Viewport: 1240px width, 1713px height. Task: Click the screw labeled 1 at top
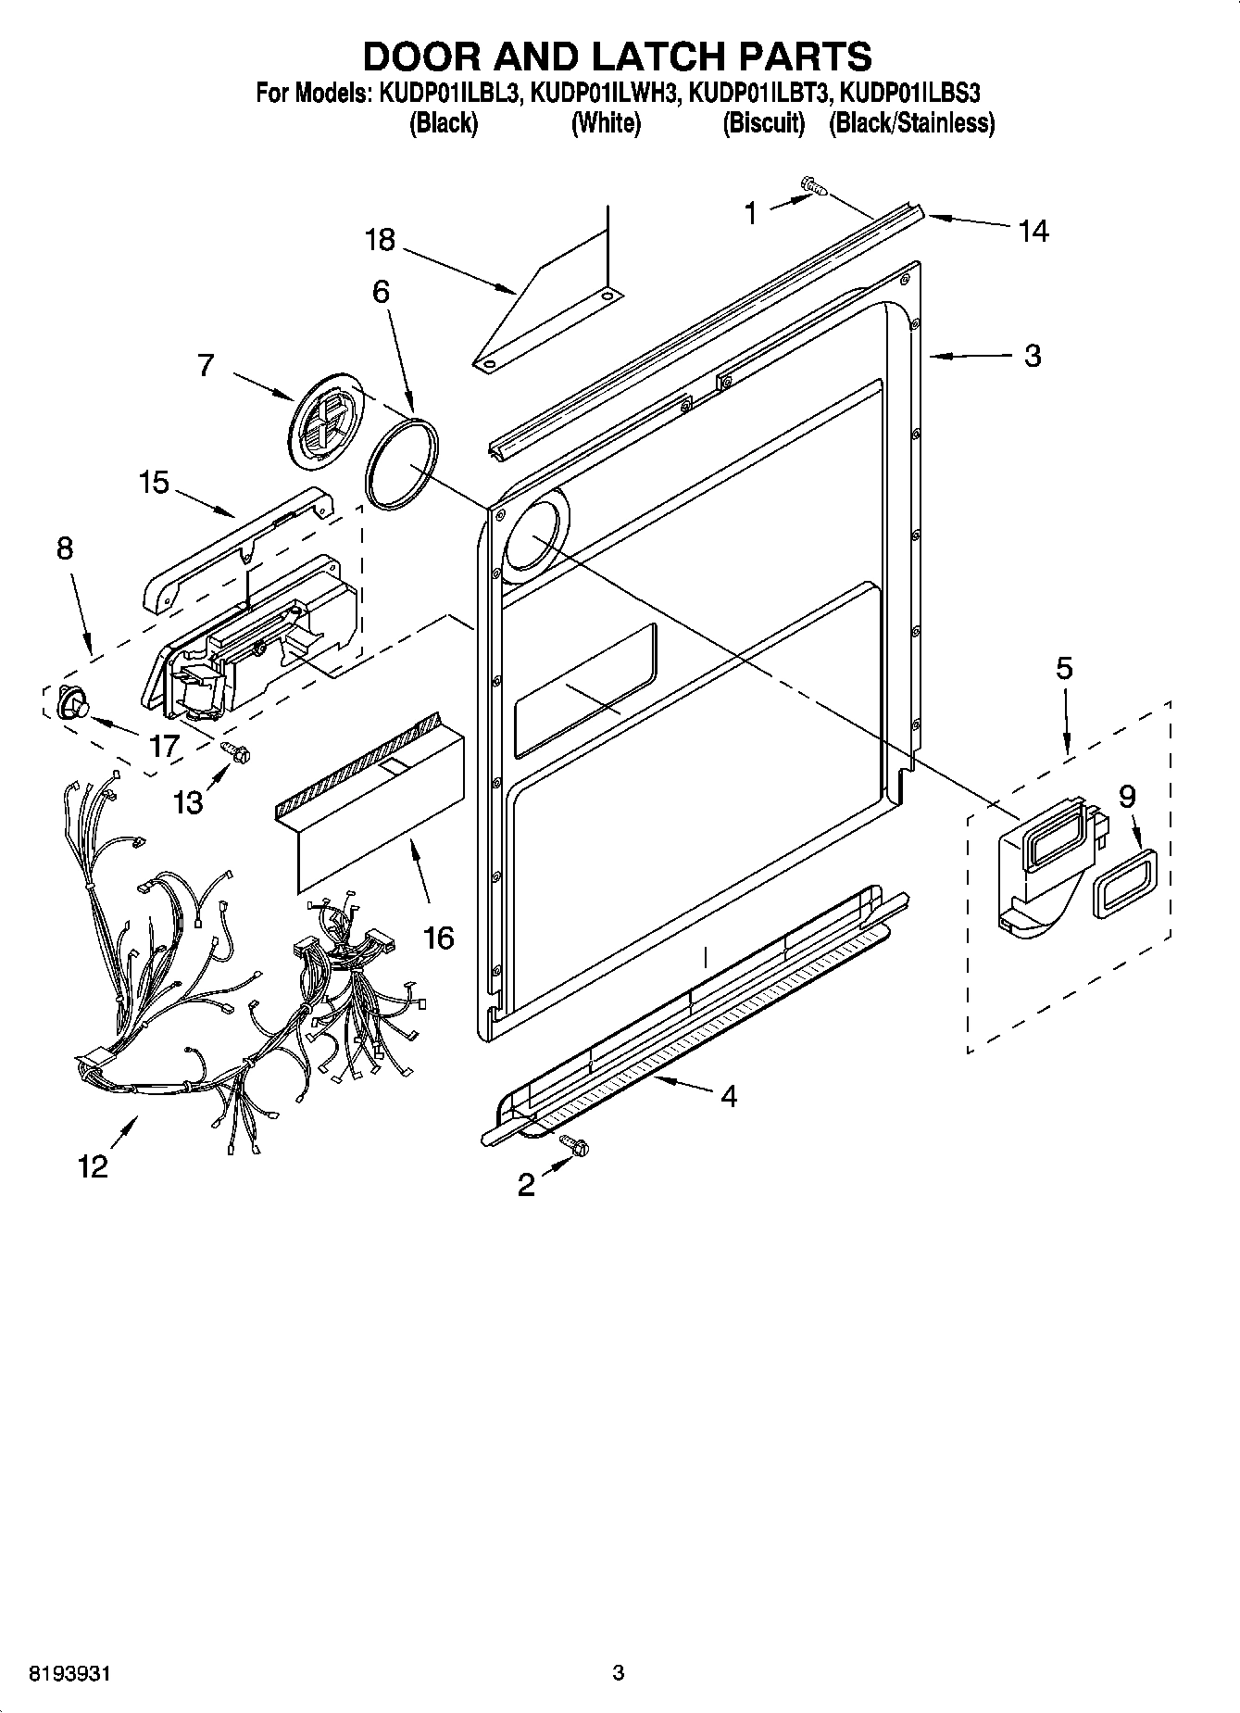815,188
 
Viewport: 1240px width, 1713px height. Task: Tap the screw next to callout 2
577,1148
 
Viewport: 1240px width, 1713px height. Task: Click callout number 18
380,240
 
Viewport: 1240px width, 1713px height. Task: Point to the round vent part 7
325,422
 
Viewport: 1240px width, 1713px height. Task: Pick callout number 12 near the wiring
93,1166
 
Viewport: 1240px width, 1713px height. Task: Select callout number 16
439,937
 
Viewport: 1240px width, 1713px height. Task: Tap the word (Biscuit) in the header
763,123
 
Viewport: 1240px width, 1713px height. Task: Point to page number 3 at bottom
619,1673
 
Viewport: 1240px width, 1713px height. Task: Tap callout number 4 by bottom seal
729,1097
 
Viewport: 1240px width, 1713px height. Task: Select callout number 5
1064,668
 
